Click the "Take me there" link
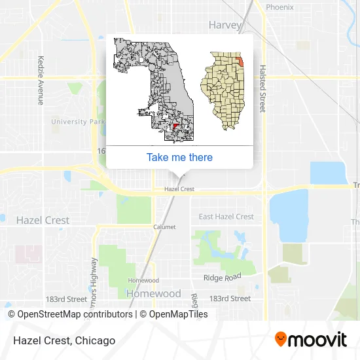click(179, 157)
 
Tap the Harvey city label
click(225, 25)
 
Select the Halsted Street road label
click(262, 88)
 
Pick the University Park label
click(78, 122)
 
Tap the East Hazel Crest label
click(226, 217)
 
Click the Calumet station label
click(164, 227)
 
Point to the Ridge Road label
click(222, 278)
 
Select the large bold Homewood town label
click(153, 293)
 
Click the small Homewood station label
click(143, 280)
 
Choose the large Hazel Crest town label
click(43, 220)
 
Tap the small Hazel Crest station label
click(179, 189)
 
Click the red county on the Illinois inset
click(240, 60)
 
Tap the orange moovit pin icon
click(281, 339)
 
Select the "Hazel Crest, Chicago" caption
click(62, 340)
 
